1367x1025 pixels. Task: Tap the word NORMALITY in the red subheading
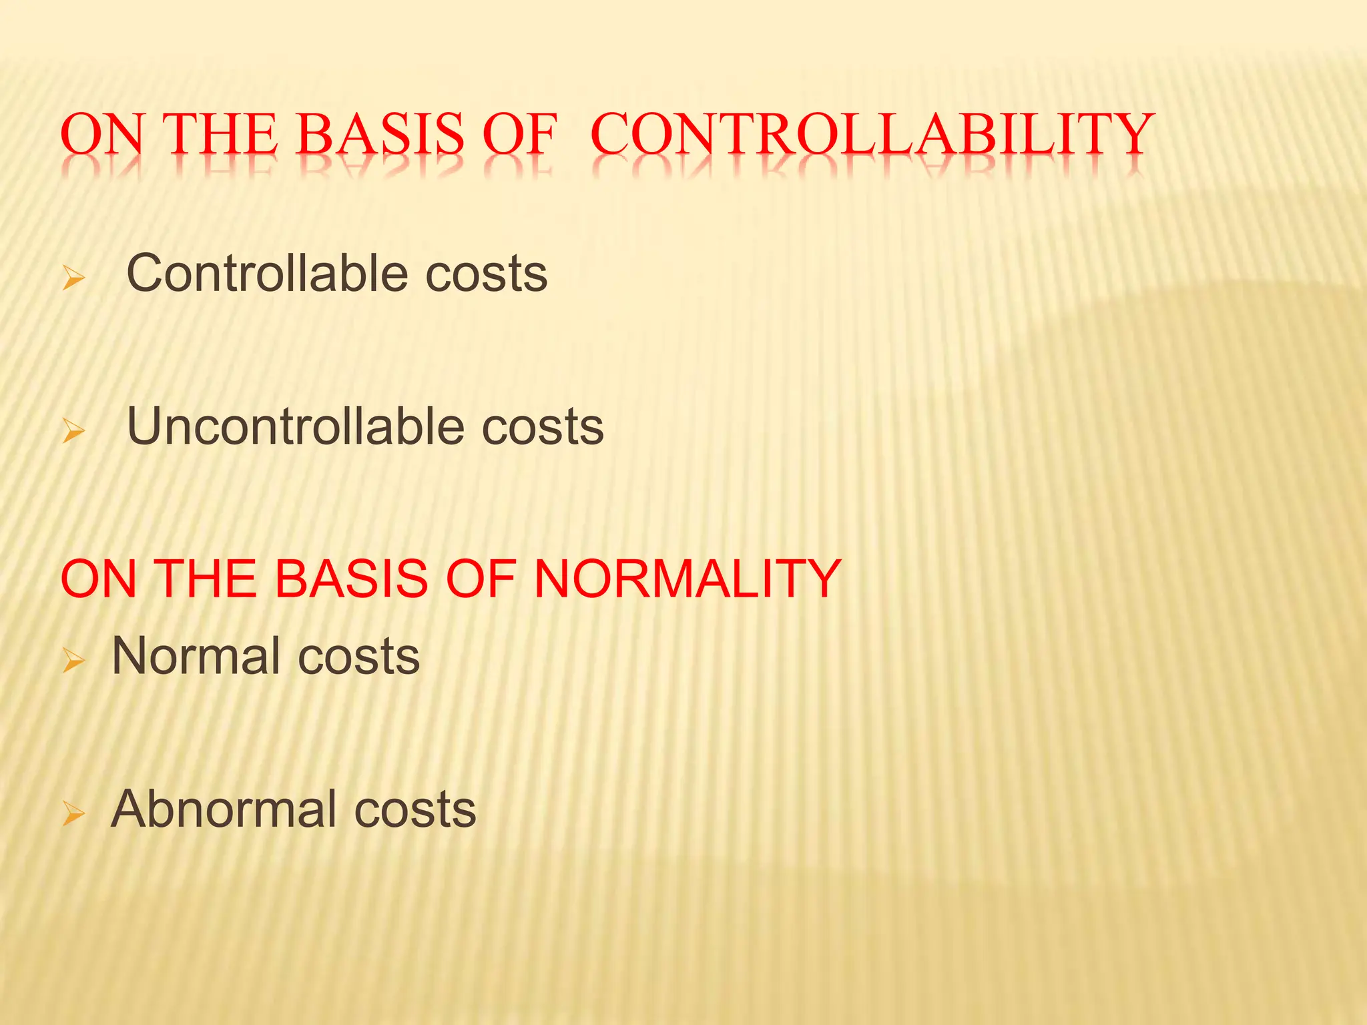tap(688, 578)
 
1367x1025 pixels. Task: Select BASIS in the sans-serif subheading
tap(351, 578)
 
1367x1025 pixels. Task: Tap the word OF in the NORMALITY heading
tap(481, 578)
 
